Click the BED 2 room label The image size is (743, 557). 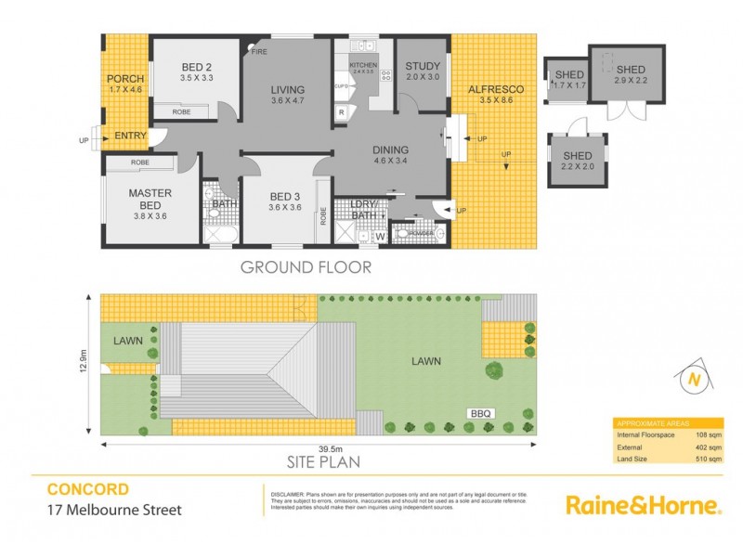pyautogui.click(x=196, y=66)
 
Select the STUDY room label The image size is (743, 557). pyautogui.click(x=422, y=66)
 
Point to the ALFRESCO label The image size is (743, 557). pyautogui.click(x=496, y=88)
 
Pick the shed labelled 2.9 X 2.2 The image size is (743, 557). pyautogui.click(x=630, y=70)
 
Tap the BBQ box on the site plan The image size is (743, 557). pyautogui.click(x=479, y=413)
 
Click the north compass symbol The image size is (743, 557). pyautogui.click(x=692, y=378)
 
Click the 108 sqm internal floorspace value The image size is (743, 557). pyautogui.click(x=710, y=434)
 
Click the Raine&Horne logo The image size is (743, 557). pyautogui.click(x=643, y=505)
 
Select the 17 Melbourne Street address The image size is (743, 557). pyautogui.click(x=114, y=510)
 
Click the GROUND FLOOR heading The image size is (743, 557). pyautogui.click(x=306, y=267)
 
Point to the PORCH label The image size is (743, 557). pyautogui.click(x=124, y=79)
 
